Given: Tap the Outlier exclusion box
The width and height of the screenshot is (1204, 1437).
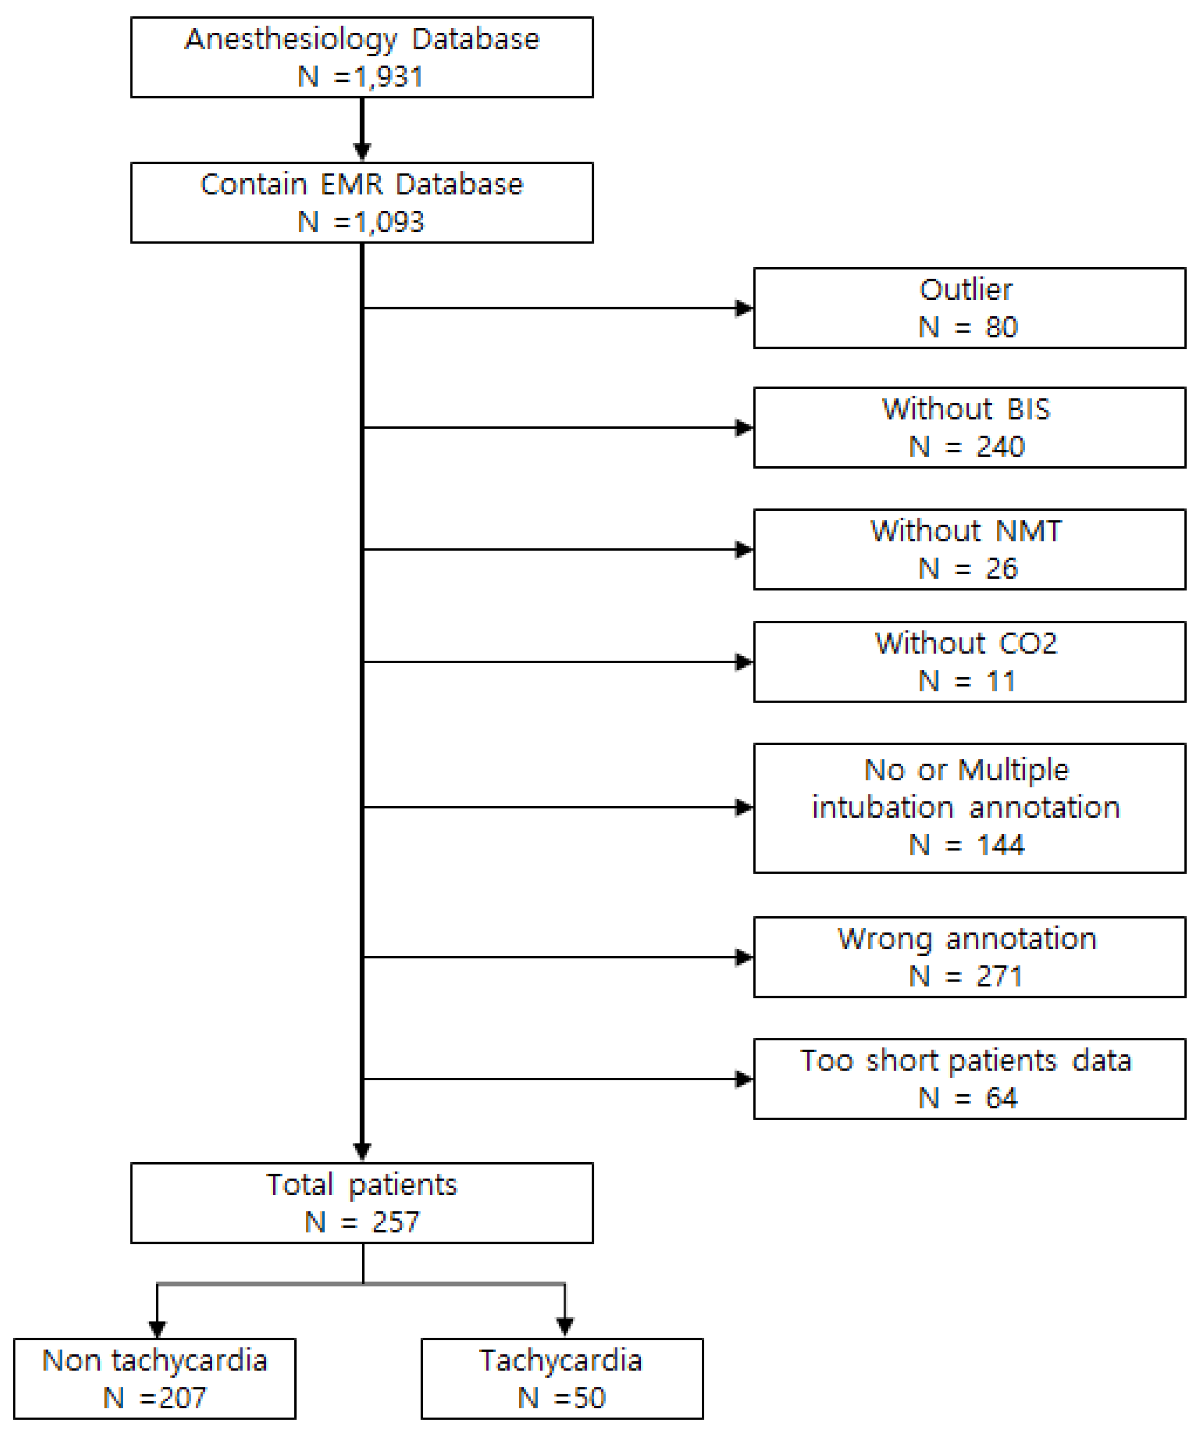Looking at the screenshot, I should coord(969,308).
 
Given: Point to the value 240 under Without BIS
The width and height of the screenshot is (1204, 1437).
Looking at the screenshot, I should coord(1000,447).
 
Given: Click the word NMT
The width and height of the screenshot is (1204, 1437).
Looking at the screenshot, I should coord(1028,531).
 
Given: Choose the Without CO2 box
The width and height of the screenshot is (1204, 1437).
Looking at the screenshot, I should coord(969,662).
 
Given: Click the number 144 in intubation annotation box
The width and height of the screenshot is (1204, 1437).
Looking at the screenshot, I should coord(1000,845).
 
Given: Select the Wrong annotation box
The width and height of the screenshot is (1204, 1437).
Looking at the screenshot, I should coord(969,956).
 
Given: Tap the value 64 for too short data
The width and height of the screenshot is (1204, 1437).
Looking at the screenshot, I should coord(1001,1098).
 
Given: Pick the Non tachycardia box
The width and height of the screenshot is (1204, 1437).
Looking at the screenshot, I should coord(154,1378).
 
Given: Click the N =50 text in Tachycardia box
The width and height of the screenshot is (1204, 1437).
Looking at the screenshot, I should coord(562,1397).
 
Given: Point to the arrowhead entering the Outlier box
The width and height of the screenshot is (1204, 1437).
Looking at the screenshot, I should coord(744,308).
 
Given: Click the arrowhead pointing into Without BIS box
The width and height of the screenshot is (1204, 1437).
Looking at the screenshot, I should coord(744,428).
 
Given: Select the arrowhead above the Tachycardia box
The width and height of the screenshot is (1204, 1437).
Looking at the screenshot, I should coord(564,1326).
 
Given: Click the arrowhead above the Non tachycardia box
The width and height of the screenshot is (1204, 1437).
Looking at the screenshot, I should coord(158,1327).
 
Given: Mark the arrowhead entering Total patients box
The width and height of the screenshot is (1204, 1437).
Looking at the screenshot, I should coord(362,1151).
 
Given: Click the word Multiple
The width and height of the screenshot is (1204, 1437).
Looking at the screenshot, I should coord(1013,770).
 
